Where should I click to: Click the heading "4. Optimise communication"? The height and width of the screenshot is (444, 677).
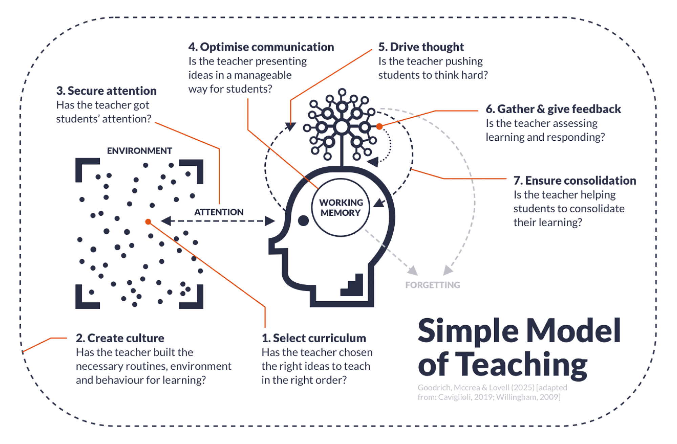click(261, 47)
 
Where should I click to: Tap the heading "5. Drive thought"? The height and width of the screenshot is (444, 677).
click(421, 47)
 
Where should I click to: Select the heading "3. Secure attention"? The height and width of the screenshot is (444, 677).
click(106, 91)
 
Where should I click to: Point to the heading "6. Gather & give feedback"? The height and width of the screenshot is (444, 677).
click(553, 109)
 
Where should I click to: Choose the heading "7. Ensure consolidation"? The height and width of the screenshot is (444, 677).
click(575, 181)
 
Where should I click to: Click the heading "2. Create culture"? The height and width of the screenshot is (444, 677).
click(120, 338)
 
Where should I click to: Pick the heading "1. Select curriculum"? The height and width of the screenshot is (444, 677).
click(314, 338)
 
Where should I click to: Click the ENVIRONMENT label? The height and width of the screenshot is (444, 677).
click(139, 151)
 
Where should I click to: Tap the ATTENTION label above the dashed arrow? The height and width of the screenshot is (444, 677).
click(219, 212)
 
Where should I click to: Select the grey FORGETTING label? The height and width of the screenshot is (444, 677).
click(433, 285)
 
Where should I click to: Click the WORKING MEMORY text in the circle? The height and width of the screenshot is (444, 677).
click(341, 208)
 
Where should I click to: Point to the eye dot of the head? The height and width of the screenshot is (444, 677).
click(303, 221)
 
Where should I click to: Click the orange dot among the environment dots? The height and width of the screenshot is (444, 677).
click(148, 222)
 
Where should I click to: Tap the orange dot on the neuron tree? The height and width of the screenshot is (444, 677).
click(379, 126)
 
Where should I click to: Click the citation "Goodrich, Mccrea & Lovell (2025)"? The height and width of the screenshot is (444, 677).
click(476, 388)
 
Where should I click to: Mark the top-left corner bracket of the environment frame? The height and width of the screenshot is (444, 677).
click(85, 167)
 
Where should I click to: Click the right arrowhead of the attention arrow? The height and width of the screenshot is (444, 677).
click(270, 221)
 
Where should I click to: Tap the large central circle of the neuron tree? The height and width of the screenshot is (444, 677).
click(342, 127)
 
